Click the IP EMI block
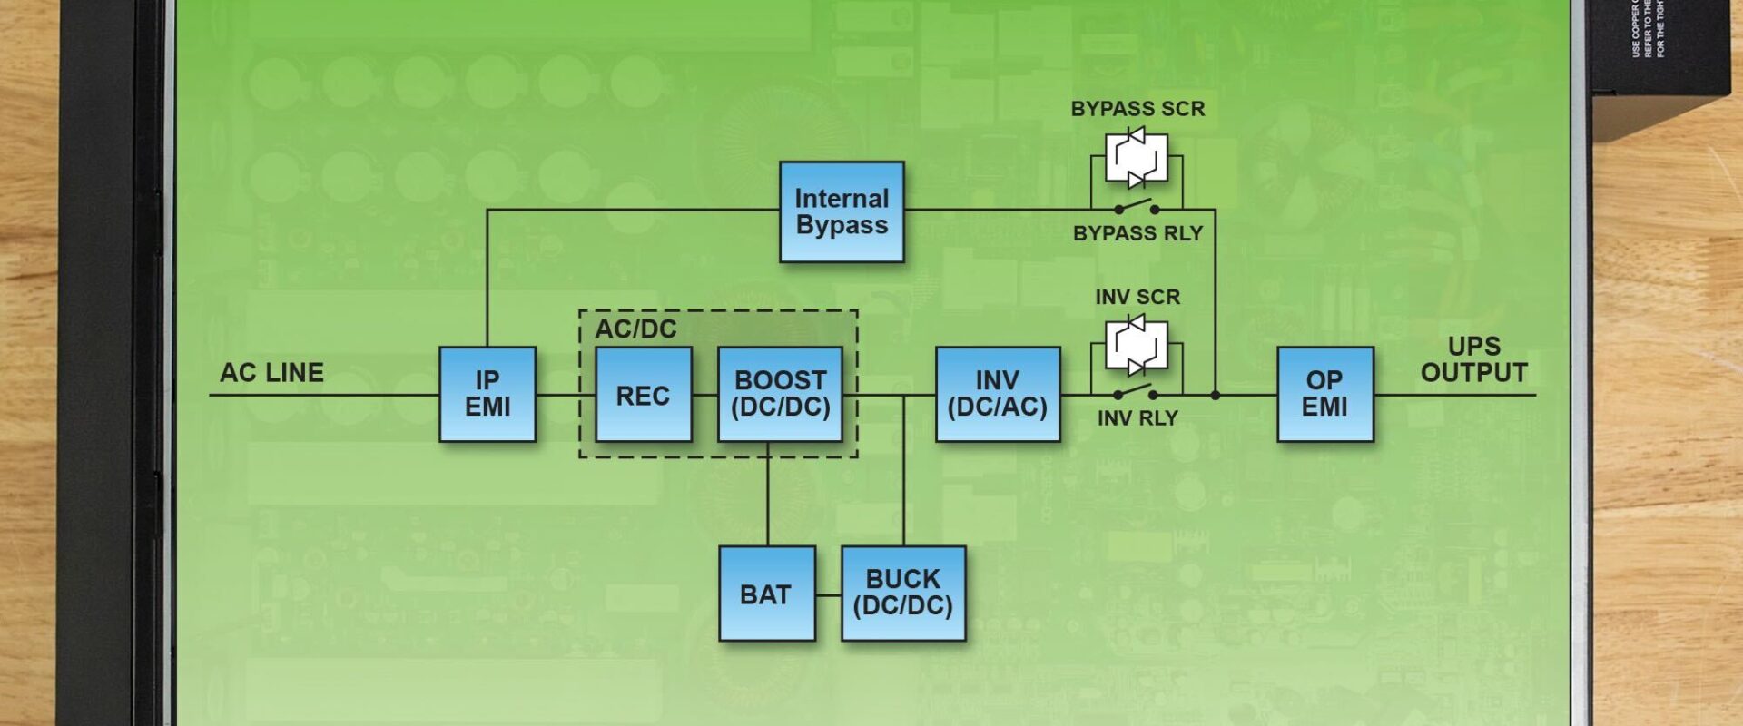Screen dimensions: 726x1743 click(487, 394)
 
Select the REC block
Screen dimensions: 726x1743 click(643, 395)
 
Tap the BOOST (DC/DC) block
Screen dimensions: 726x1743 click(780, 394)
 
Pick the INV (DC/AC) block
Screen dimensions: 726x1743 click(997, 394)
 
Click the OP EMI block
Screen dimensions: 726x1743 click(1324, 394)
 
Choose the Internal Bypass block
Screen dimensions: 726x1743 click(842, 211)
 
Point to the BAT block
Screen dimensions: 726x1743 click(766, 594)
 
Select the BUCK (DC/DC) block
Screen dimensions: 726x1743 click(902, 594)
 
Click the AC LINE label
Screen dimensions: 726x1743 click(271, 372)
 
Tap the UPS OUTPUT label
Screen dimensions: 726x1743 click(1473, 359)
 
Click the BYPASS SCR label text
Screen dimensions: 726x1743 click(1137, 109)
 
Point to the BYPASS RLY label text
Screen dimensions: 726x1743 click(1137, 233)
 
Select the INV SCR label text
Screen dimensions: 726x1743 click(1137, 297)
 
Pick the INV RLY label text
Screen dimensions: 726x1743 click(1137, 418)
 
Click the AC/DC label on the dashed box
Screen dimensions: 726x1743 click(635, 329)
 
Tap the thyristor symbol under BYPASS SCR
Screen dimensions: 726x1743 click(1136, 159)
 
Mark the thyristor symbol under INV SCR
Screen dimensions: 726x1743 click(1136, 345)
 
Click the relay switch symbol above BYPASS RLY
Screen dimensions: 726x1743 click(1137, 207)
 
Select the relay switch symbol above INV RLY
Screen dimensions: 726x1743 click(1137, 392)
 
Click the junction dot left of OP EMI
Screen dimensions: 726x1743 click(1216, 395)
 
